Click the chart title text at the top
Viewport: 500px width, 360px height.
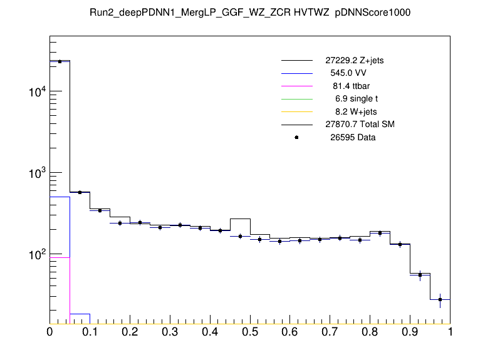(250, 13)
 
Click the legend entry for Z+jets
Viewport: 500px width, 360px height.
(351, 61)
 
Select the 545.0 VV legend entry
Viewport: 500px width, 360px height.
(348, 73)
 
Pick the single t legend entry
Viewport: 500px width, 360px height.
(355, 99)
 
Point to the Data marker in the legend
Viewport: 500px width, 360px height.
(296, 137)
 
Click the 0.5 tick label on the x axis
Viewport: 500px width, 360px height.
(250, 332)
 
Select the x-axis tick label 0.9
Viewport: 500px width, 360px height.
(410, 332)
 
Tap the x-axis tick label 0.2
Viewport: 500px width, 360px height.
(130, 332)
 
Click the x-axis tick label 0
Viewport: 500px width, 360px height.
(49, 332)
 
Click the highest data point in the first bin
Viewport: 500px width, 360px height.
(60, 61)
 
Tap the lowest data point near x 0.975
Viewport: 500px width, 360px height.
(440, 299)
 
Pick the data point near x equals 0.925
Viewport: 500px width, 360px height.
(420, 274)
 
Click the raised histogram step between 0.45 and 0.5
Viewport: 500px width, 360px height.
(240, 219)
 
